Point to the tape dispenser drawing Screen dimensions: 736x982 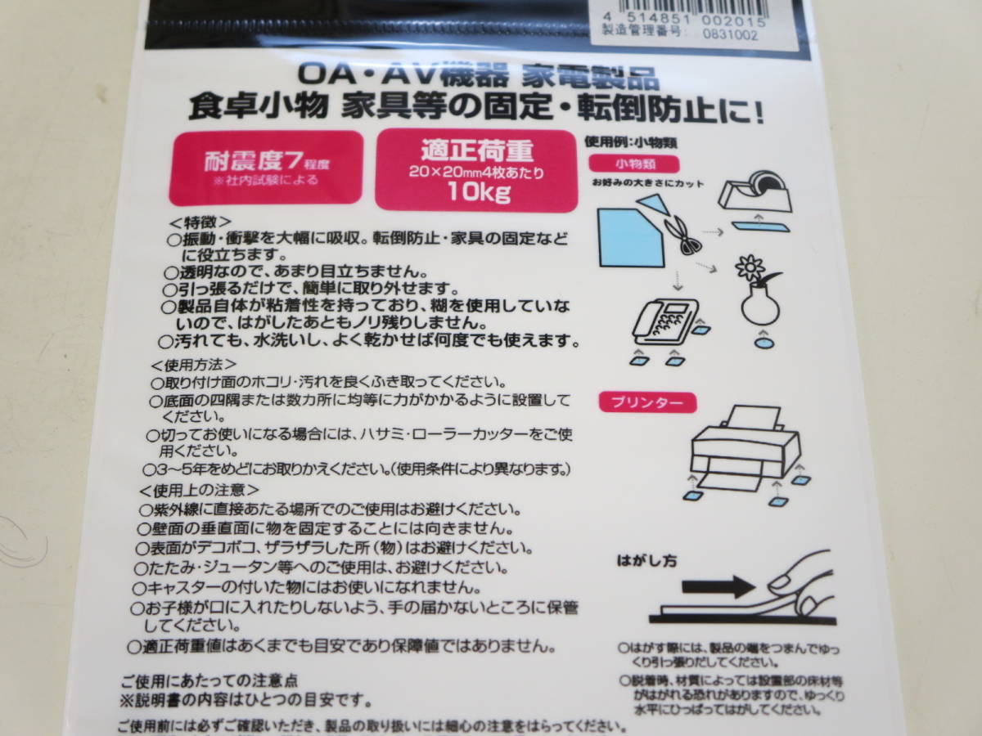(758, 194)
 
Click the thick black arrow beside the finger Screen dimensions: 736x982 (718, 586)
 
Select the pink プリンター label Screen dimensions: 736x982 (647, 402)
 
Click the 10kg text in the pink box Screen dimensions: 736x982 (477, 193)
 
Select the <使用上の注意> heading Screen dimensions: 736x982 (199, 490)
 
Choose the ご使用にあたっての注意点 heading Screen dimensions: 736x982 (209, 681)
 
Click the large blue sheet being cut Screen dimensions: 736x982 (628, 237)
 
